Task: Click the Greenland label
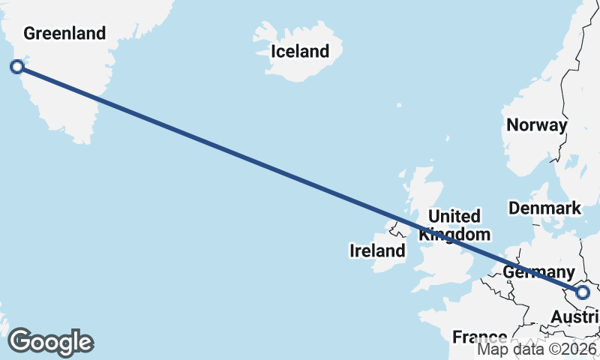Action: tap(64, 33)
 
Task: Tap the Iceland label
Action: tap(299, 52)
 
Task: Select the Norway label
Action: tap(536, 125)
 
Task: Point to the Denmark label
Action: tap(544, 208)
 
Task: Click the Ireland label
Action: tap(377, 250)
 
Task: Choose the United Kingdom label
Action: tap(454, 225)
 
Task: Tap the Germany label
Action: tap(538, 272)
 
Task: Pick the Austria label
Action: tap(574, 319)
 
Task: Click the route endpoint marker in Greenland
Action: tap(17, 67)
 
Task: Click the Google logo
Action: tap(50, 342)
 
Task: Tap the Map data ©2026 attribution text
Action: tap(537, 349)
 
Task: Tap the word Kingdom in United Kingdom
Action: tap(454, 234)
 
